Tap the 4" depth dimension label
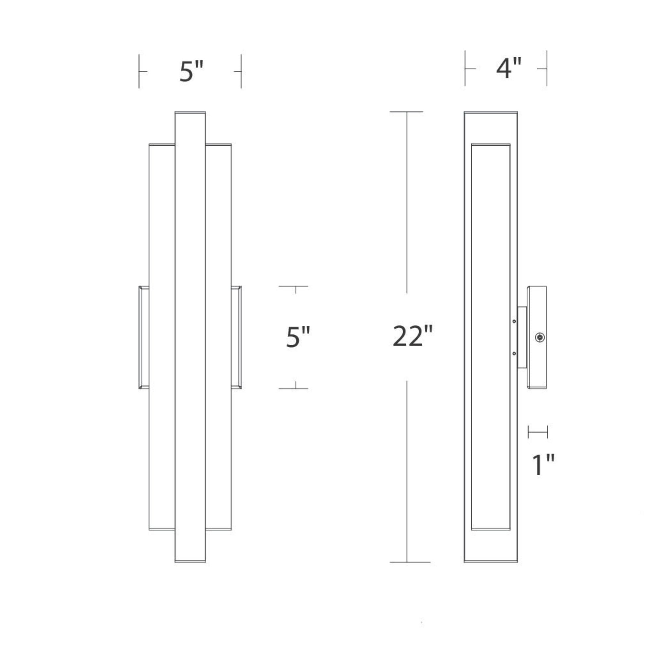coord(508,69)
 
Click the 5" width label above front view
coord(191,71)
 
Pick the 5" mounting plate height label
coord(298,337)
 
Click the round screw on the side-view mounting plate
coord(540,338)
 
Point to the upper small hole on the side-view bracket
coord(514,321)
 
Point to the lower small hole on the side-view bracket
coord(514,353)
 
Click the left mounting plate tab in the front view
coord(144,338)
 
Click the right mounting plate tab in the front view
coord(236,338)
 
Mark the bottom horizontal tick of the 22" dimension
coord(410,562)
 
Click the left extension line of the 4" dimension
coord(465,69)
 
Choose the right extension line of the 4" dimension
coord(547,69)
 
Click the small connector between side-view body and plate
coord(522,338)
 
